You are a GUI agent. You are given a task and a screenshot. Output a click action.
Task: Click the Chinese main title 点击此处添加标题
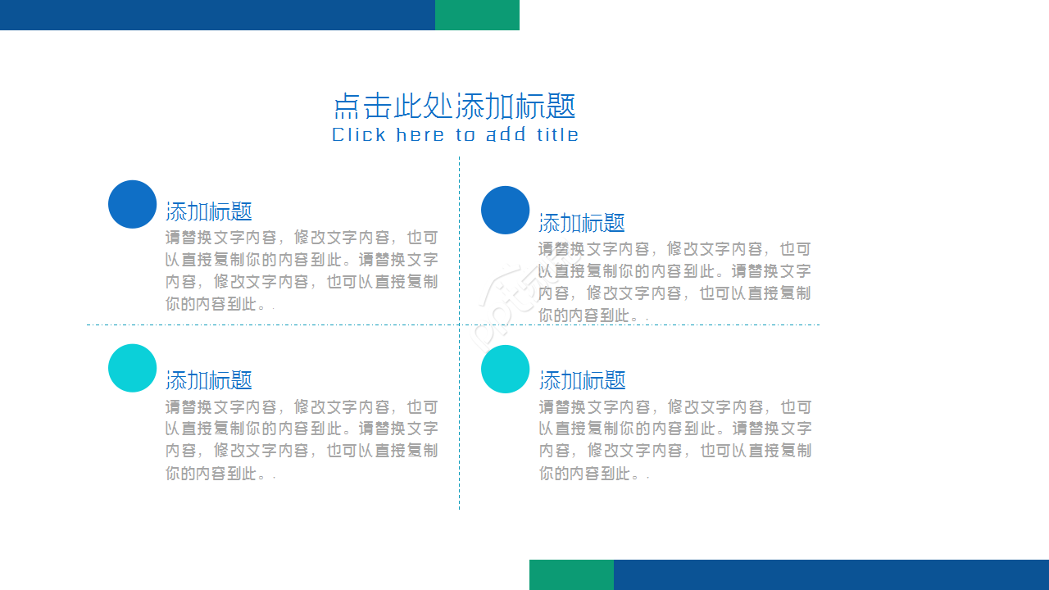[455, 107]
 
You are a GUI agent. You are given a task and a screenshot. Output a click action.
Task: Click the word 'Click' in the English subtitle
[359, 135]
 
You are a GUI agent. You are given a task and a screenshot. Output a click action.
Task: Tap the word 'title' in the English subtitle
[558, 135]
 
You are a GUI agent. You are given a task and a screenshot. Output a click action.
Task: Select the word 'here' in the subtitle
[420, 135]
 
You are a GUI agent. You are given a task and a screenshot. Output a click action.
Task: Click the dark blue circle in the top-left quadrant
[132, 204]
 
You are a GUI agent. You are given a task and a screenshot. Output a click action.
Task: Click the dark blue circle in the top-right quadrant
[505, 210]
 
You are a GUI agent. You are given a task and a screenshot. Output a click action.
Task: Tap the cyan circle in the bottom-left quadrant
[132, 368]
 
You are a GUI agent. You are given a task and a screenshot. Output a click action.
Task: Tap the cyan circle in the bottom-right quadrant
[505, 369]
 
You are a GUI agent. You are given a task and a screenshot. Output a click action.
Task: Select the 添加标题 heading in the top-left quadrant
[209, 211]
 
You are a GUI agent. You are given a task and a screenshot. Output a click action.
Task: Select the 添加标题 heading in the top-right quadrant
[582, 223]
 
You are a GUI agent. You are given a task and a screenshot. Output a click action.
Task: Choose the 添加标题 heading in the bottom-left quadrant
[209, 380]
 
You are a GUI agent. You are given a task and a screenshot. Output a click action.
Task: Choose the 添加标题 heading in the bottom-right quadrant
[583, 380]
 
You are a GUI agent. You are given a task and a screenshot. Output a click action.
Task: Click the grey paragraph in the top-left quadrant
[302, 271]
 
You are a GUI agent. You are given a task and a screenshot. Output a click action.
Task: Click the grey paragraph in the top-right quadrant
[674, 282]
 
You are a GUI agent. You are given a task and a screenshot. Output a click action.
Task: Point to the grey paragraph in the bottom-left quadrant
[302, 440]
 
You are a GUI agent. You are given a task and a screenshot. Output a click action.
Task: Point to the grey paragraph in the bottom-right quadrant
[674, 440]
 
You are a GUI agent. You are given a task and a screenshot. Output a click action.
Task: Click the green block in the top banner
[477, 15]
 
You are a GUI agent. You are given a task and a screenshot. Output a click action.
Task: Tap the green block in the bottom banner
[571, 574]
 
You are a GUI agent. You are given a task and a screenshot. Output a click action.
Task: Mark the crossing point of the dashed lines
[459, 324]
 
